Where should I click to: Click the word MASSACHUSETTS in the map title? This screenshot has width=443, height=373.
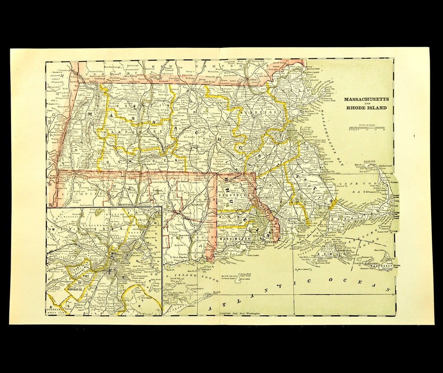pos(366,99)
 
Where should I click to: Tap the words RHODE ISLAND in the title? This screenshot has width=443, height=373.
pos(366,108)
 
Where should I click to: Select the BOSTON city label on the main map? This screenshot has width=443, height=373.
pos(292,131)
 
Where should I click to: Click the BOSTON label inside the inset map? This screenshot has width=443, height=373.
pos(123,264)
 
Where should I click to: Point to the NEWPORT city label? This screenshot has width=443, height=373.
pos(273,242)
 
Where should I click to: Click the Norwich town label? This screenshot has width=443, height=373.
pos(185,235)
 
